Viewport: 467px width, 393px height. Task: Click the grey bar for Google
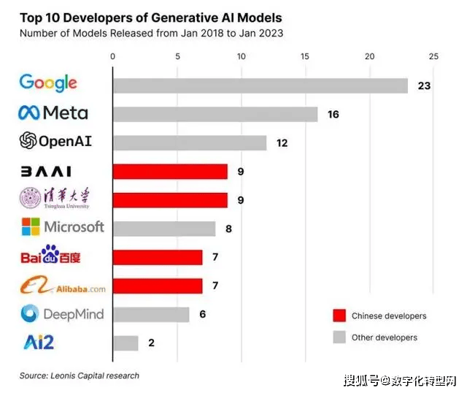[x=260, y=85]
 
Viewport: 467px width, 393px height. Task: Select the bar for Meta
[x=215, y=114]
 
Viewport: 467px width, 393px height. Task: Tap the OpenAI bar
[x=190, y=142]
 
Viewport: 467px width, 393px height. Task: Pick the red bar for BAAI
[x=170, y=172]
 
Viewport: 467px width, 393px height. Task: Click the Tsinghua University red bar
[x=170, y=200]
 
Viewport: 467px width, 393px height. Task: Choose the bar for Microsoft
[x=164, y=229]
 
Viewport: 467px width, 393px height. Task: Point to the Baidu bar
[x=158, y=257]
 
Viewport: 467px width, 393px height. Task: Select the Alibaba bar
[x=158, y=286]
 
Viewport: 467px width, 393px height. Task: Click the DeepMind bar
[x=151, y=314]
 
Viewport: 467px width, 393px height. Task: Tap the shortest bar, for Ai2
[x=126, y=343]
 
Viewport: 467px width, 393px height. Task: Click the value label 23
[x=424, y=85]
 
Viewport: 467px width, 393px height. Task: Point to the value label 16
[x=333, y=114]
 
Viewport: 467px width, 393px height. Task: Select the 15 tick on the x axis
[x=306, y=56]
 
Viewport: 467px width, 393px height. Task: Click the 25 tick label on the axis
[x=434, y=56]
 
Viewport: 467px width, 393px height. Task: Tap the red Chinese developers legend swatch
[x=338, y=316]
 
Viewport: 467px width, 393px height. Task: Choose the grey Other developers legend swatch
[x=338, y=337]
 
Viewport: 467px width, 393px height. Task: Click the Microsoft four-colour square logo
[x=30, y=226]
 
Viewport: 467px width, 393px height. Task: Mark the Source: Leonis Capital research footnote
[x=79, y=375]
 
